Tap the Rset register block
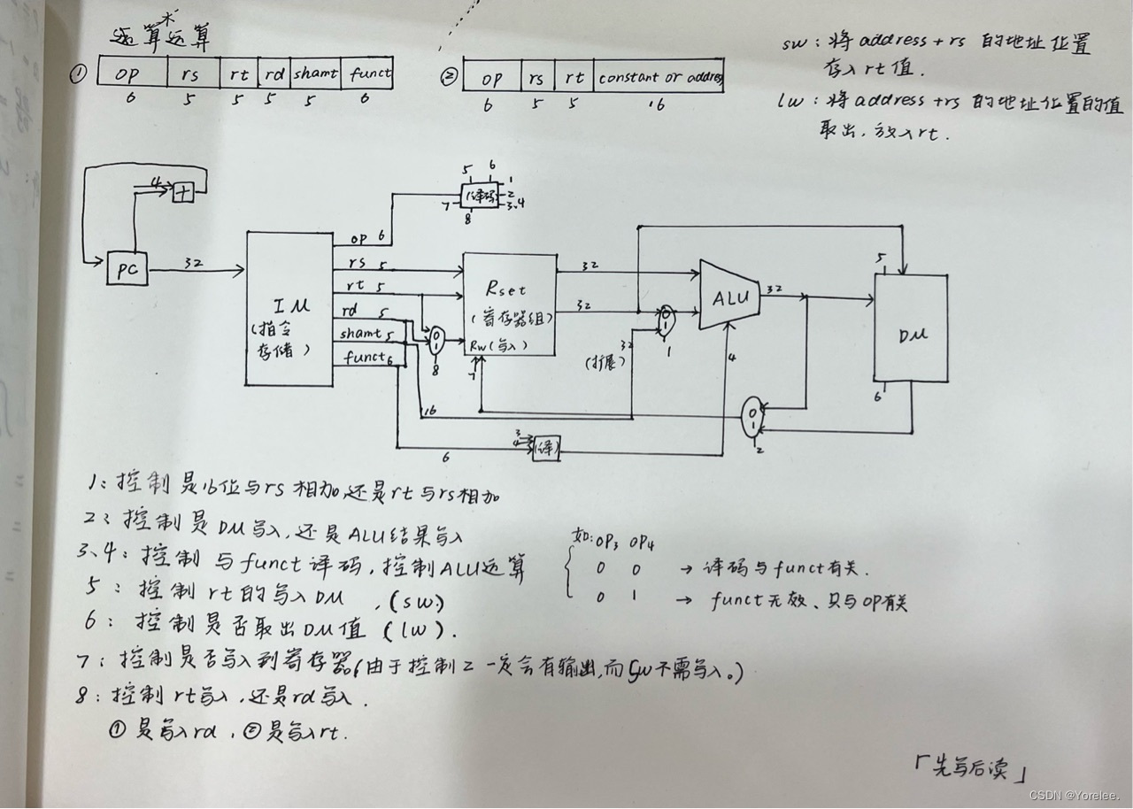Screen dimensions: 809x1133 (509, 303)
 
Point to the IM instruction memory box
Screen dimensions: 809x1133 (289, 307)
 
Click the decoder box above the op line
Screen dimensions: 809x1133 (479, 196)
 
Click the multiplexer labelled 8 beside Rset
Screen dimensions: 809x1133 (435, 340)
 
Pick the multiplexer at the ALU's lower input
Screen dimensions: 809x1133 (665, 320)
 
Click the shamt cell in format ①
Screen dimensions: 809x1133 (315, 73)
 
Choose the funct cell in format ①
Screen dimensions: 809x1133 (370, 73)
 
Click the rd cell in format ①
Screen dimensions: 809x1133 (273, 73)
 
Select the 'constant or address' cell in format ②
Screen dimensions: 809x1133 (659, 78)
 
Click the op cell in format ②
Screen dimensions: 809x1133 (492, 78)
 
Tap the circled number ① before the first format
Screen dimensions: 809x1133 (78, 75)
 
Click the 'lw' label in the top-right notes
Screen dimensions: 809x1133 (792, 102)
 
